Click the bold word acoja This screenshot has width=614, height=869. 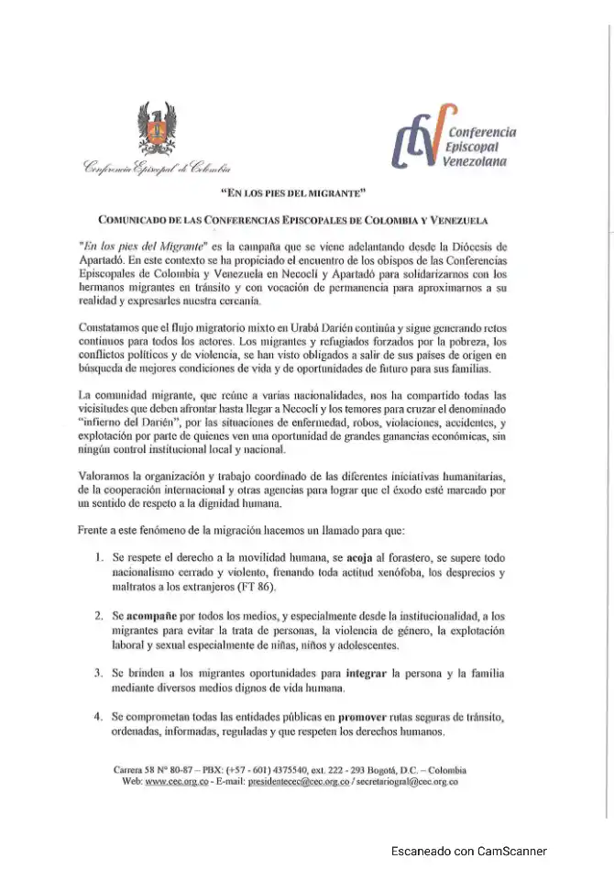[362, 556]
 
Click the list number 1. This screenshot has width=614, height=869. [99, 556]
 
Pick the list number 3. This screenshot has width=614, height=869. [99, 673]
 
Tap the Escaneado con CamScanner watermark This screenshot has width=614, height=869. [468, 852]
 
